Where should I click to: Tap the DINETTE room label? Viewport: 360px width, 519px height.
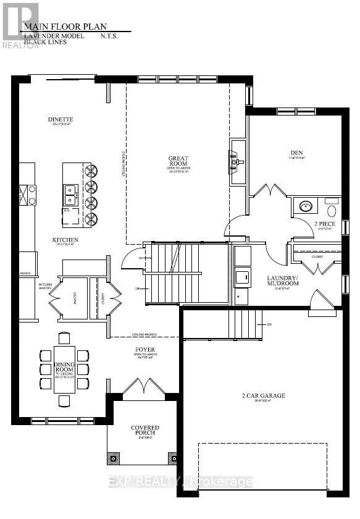pyautogui.click(x=61, y=119)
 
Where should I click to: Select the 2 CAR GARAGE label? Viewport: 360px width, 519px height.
pyautogui.click(x=264, y=395)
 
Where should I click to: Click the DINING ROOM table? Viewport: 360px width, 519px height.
pyautogui.click(x=64, y=369)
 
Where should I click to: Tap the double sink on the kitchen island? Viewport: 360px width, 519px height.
pyautogui.click(x=70, y=194)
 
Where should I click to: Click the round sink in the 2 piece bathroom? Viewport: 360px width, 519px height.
pyautogui.click(x=304, y=206)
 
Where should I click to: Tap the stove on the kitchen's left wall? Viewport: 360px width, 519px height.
pyautogui.click(x=27, y=195)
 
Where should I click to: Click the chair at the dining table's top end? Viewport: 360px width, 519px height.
pyautogui.click(x=64, y=337)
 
